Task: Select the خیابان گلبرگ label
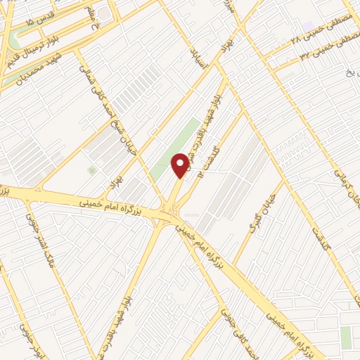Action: tap(259, 215)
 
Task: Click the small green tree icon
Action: tap(91, 170)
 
